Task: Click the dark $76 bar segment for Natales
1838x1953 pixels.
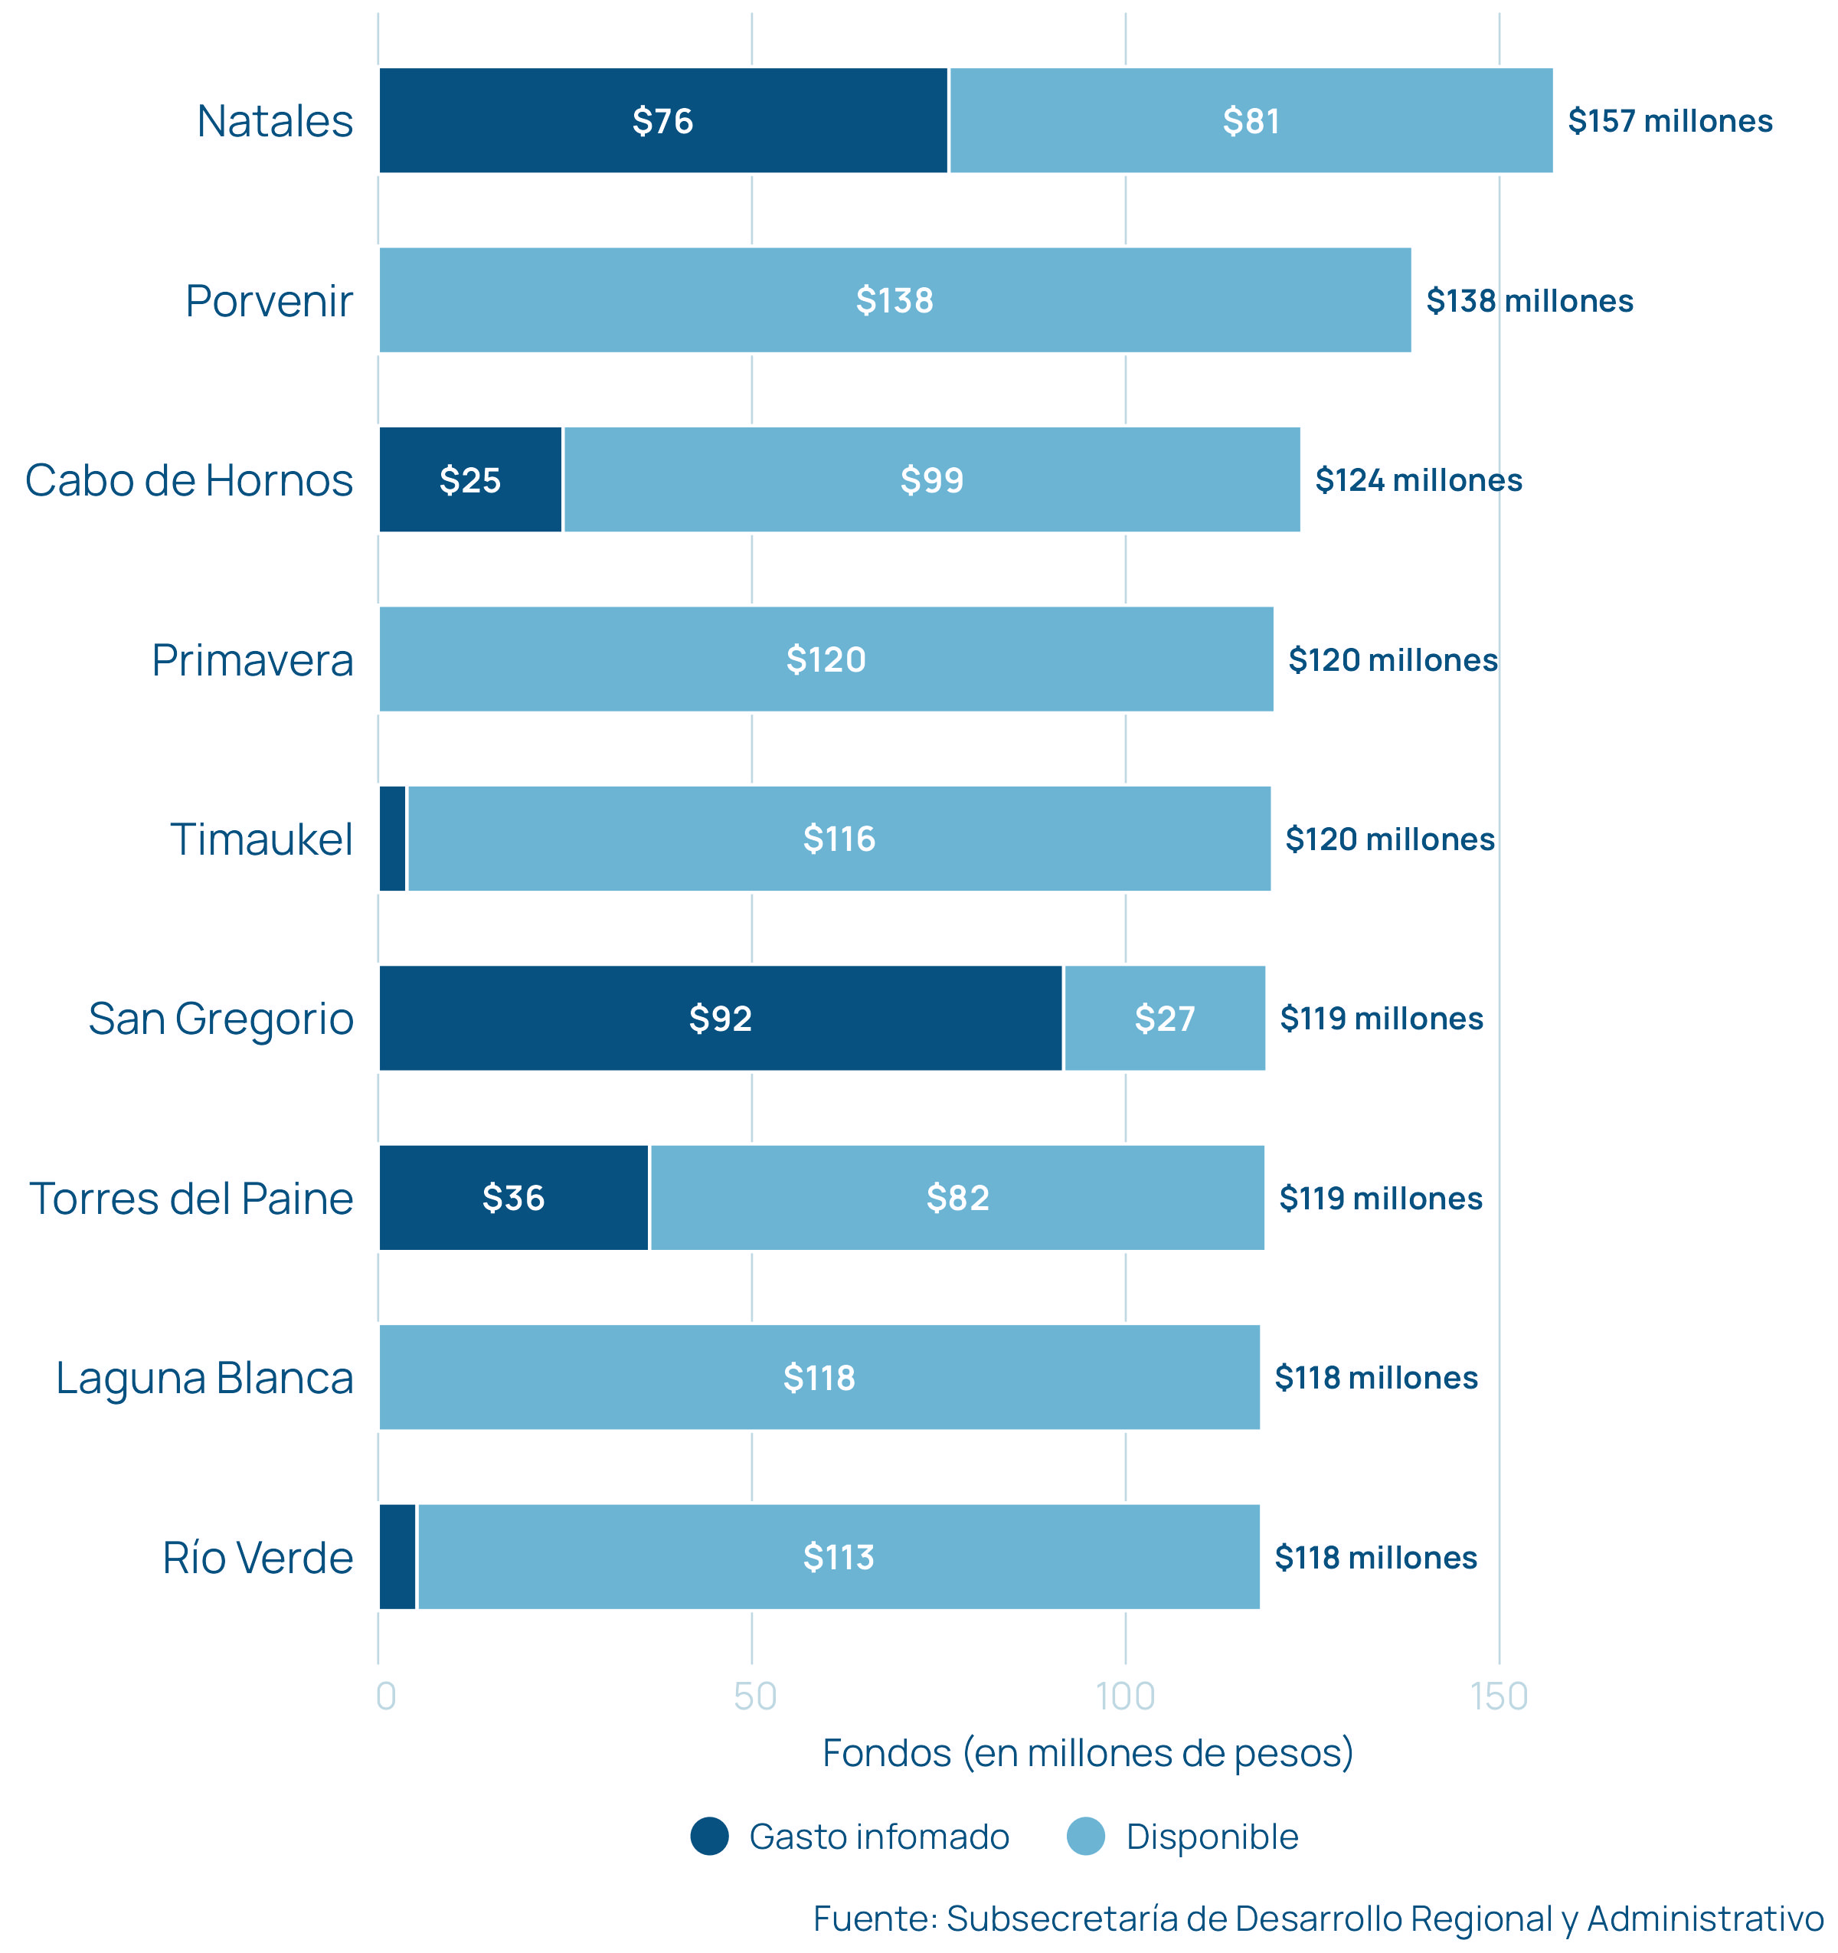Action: pyautogui.click(x=663, y=121)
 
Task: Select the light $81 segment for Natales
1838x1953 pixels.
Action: pyautogui.click(x=1251, y=121)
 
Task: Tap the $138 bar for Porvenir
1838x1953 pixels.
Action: pyautogui.click(x=894, y=301)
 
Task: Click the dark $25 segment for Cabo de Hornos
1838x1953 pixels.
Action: pyautogui.click(x=469, y=480)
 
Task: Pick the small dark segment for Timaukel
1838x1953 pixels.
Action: pyautogui.click(x=392, y=839)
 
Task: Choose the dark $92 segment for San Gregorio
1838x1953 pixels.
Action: pyautogui.click(x=720, y=1019)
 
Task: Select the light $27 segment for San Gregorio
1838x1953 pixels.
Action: pyautogui.click(x=1164, y=1019)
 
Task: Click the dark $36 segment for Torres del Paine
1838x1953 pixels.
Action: pyautogui.click(x=513, y=1199)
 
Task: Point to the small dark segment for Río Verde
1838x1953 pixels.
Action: pyautogui.click(x=397, y=1557)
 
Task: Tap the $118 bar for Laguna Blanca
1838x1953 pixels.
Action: pyautogui.click(x=819, y=1377)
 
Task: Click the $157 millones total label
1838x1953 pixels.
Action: pyautogui.click(x=1670, y=121)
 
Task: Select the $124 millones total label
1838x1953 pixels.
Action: pyautogui.click(x=1418, y=480)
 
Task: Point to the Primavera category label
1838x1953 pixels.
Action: pyautogui.click(x=253, y=660)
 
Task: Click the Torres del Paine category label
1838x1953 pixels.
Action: pyautogui.click(x=191, y=1199)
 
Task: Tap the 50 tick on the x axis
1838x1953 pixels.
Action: pyautogui.click(x=754, y=1696)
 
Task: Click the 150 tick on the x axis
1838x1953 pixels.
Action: pyautogui.click(x=1499, y=1696)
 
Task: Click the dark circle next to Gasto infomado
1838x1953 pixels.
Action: pyautogui.click(x=709, y=1836)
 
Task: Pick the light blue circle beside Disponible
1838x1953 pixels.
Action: pyautogui.click(x=1085, y=1836)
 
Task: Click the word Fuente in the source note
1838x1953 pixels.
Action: pyautogui.click(x=875, y=1919)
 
